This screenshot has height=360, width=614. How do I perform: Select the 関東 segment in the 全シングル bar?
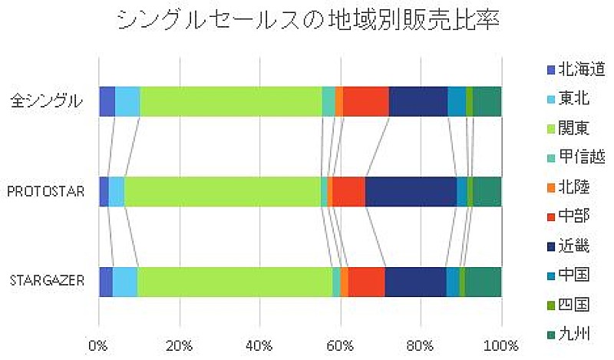[x=230, y=101]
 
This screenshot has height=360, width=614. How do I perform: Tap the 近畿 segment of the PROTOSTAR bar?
[x=411, y=191]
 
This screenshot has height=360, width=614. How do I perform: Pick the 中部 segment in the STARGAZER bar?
[x=366, y=282]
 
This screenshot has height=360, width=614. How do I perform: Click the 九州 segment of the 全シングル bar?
[x=487, y=101]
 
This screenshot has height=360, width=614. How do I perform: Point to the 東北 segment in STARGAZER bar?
[x=125, y=282]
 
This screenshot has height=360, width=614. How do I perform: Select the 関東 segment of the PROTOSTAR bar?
[x=223, y=191]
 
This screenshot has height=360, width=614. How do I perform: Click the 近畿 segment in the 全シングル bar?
[x=418, y=101]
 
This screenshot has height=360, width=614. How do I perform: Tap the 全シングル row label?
[x=47, y=101]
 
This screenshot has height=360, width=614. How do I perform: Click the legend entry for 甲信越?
[x=580, y=157]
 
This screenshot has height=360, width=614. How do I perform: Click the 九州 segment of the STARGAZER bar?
[x=483, y=282]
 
